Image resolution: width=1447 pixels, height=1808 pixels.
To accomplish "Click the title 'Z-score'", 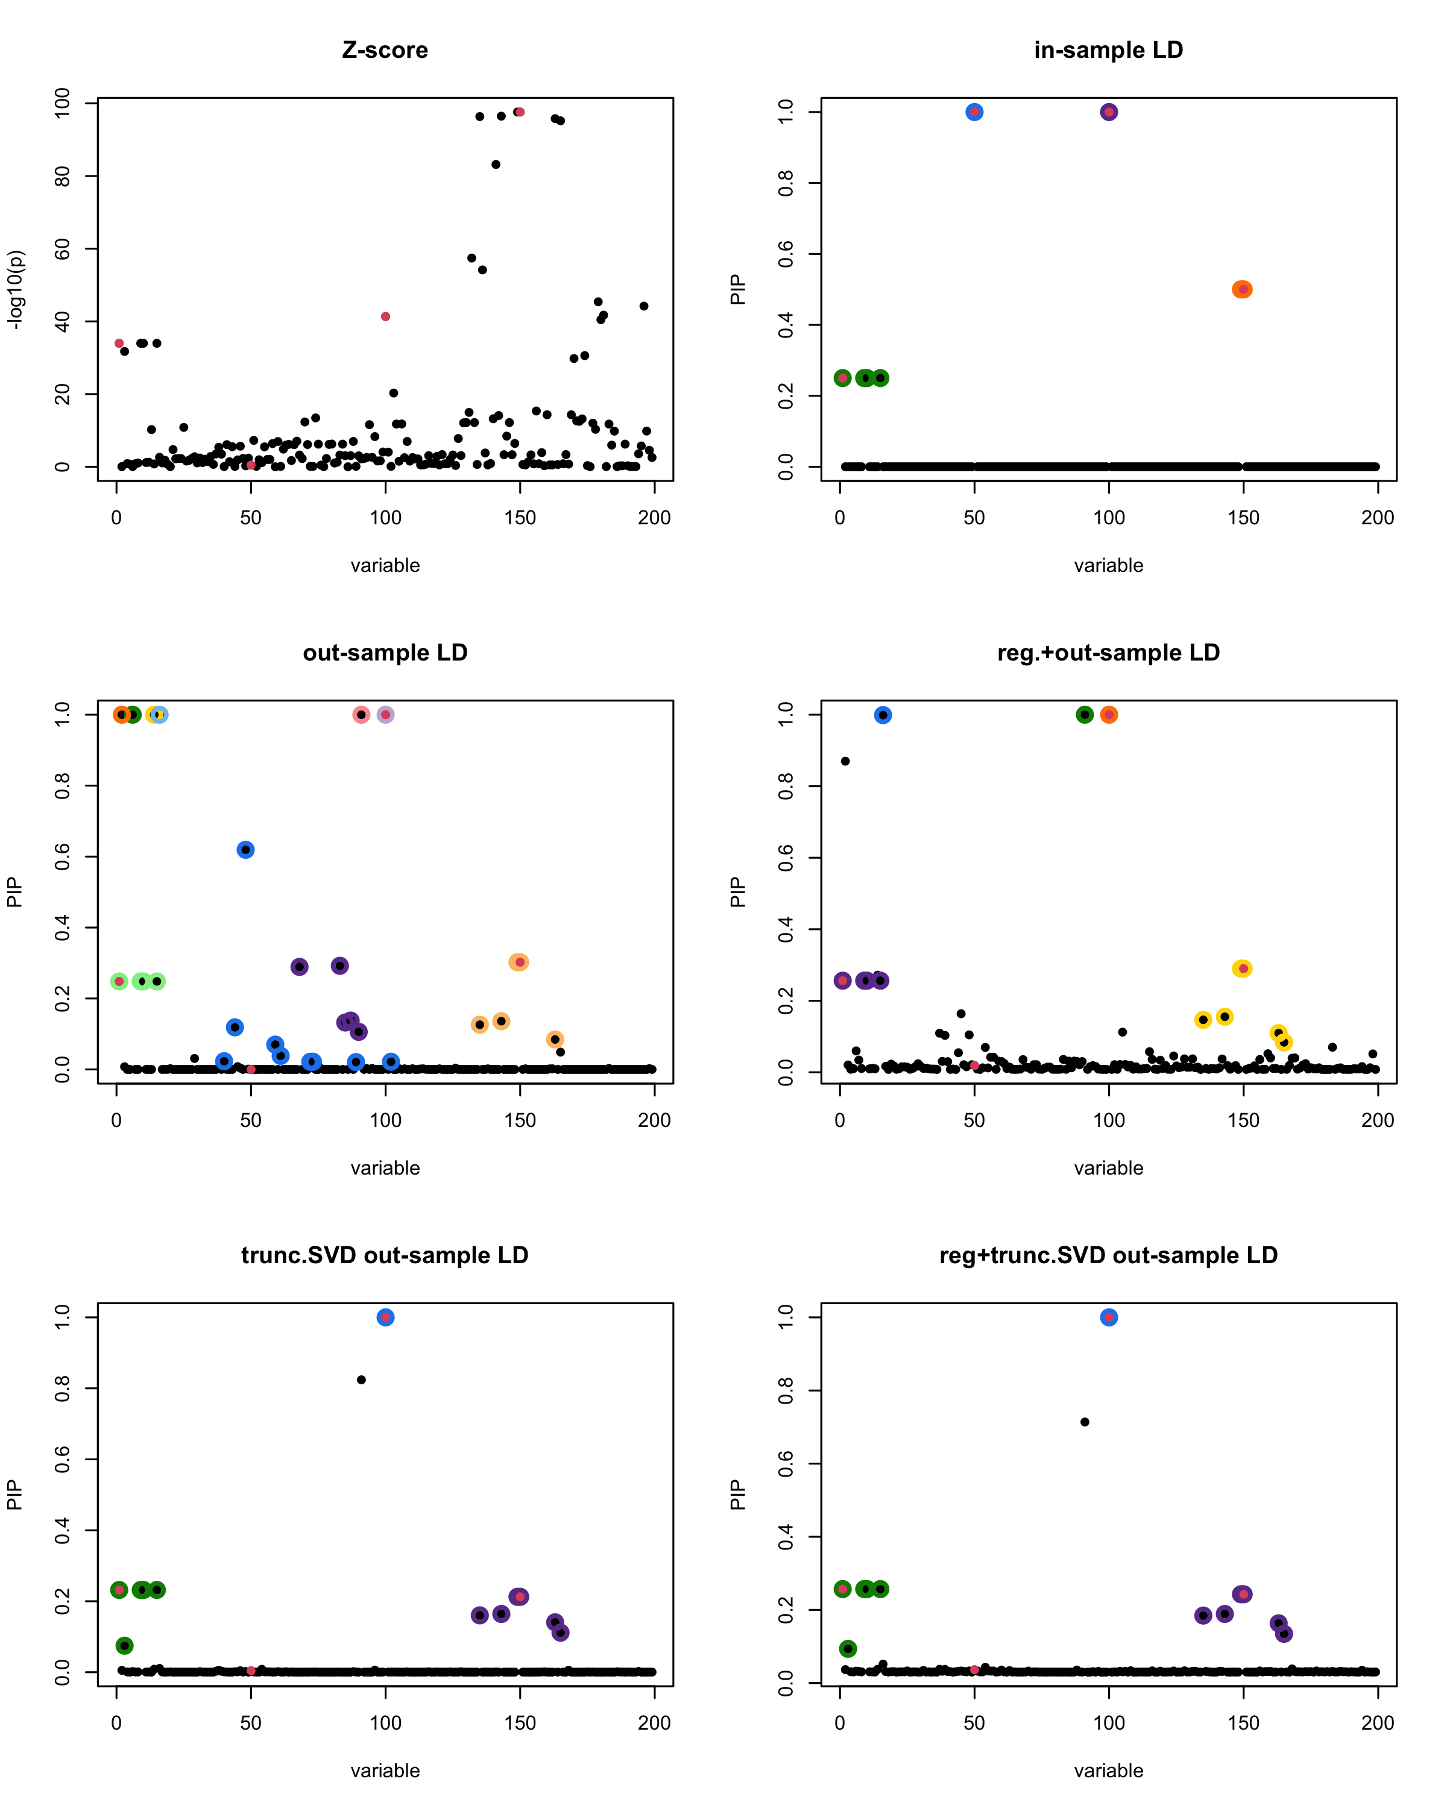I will click(385, 50).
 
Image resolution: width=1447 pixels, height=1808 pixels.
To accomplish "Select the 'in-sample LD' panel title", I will click(1108, 50).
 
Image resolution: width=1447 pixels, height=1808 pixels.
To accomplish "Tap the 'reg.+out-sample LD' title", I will click(1108, 653).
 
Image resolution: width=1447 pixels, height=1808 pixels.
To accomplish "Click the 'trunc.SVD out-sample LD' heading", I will click(385, 1255).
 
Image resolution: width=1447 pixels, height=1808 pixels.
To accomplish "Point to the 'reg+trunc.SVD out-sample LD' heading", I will click(1108, 1255).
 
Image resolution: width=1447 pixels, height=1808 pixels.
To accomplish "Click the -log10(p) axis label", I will click(16, 289).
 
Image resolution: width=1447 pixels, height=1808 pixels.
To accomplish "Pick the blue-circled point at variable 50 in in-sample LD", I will click(974, 112).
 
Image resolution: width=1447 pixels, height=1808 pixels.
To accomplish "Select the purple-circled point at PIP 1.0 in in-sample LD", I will click(1109, 112).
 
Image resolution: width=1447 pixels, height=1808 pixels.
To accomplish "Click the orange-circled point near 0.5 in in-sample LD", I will click(1243, 289).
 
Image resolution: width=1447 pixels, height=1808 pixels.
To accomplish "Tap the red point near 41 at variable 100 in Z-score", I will click(386, 317).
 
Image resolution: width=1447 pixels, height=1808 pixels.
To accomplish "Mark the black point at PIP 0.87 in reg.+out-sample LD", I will click(845, 761).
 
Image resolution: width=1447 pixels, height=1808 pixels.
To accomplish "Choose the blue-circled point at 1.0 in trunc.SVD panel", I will click(386, 1317).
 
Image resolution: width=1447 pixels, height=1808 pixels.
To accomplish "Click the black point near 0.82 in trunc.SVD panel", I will click(362, 1380).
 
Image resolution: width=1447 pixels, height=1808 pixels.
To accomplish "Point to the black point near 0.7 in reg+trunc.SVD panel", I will click(1085, 1422).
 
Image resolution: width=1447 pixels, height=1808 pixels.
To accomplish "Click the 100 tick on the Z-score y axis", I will click(63, 103).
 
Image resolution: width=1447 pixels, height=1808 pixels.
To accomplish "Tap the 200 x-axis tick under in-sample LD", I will click(1378, 518).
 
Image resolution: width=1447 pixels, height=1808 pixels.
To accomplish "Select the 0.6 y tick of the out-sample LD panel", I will click(63, 856).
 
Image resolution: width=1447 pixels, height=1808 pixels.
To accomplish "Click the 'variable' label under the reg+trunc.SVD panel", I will click(1108, 1770).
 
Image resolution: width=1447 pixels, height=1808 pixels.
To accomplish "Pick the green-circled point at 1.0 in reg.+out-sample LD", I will click(1085, 715).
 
